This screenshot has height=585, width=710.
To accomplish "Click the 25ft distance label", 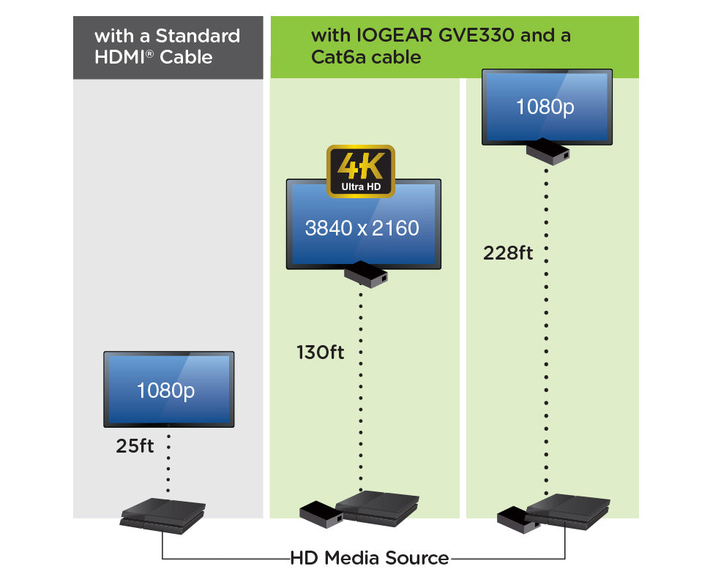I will [x=135, y=446].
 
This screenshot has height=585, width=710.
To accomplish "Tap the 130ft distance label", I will [x=320, y=352].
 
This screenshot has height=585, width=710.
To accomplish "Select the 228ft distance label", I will [x=507, y=253].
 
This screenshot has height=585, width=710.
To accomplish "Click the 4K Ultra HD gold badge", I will [x=360, y=171].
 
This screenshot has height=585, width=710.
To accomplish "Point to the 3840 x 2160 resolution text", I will [x=362, y=228].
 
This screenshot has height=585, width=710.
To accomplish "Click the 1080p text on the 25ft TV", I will [x=166, y=390].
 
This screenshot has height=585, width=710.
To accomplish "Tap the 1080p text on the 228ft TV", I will [x=545, y=107].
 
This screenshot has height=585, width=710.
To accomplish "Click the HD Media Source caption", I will [x=370, y=559].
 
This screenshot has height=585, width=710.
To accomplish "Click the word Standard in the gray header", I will [x=198, y=36].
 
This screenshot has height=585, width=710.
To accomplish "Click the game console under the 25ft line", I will [x=163, y=515].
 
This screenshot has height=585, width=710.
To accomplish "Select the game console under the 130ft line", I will [x=378, y=506].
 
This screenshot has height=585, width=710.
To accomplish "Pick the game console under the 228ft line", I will [x=568, y=509].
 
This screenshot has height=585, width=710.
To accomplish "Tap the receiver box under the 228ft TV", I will [x=548, y=151].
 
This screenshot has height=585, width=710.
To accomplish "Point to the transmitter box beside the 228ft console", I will [x=518, y=520].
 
